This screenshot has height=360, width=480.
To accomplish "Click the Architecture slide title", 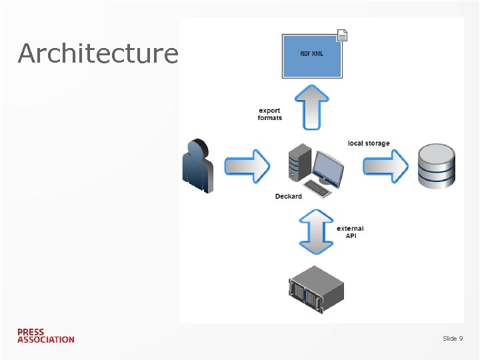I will click(98, 53).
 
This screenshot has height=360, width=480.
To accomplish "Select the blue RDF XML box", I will click(311, 57).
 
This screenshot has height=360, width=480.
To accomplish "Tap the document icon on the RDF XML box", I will click(342, 36).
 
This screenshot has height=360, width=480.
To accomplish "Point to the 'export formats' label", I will click(270, 115).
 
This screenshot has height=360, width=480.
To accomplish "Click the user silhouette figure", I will click(198, 166).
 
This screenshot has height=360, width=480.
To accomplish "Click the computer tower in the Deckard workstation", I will click(299, 162).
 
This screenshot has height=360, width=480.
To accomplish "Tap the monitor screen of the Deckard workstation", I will click(329, 167).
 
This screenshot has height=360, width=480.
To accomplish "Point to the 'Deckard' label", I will click(288, 196).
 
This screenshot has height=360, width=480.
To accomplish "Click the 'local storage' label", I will click(369, 143).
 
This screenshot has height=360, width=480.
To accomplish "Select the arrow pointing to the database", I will click(385, 165).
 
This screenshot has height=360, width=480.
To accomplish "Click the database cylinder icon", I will click(436, 166).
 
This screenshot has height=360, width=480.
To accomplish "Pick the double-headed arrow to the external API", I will click(316, 231).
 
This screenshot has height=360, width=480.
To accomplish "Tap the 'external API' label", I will click(350, 232).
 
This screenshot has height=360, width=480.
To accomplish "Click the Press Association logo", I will click(46, 335).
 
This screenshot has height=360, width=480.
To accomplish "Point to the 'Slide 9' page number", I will click(453, 339).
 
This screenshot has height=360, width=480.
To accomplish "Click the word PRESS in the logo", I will click(31, 331).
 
